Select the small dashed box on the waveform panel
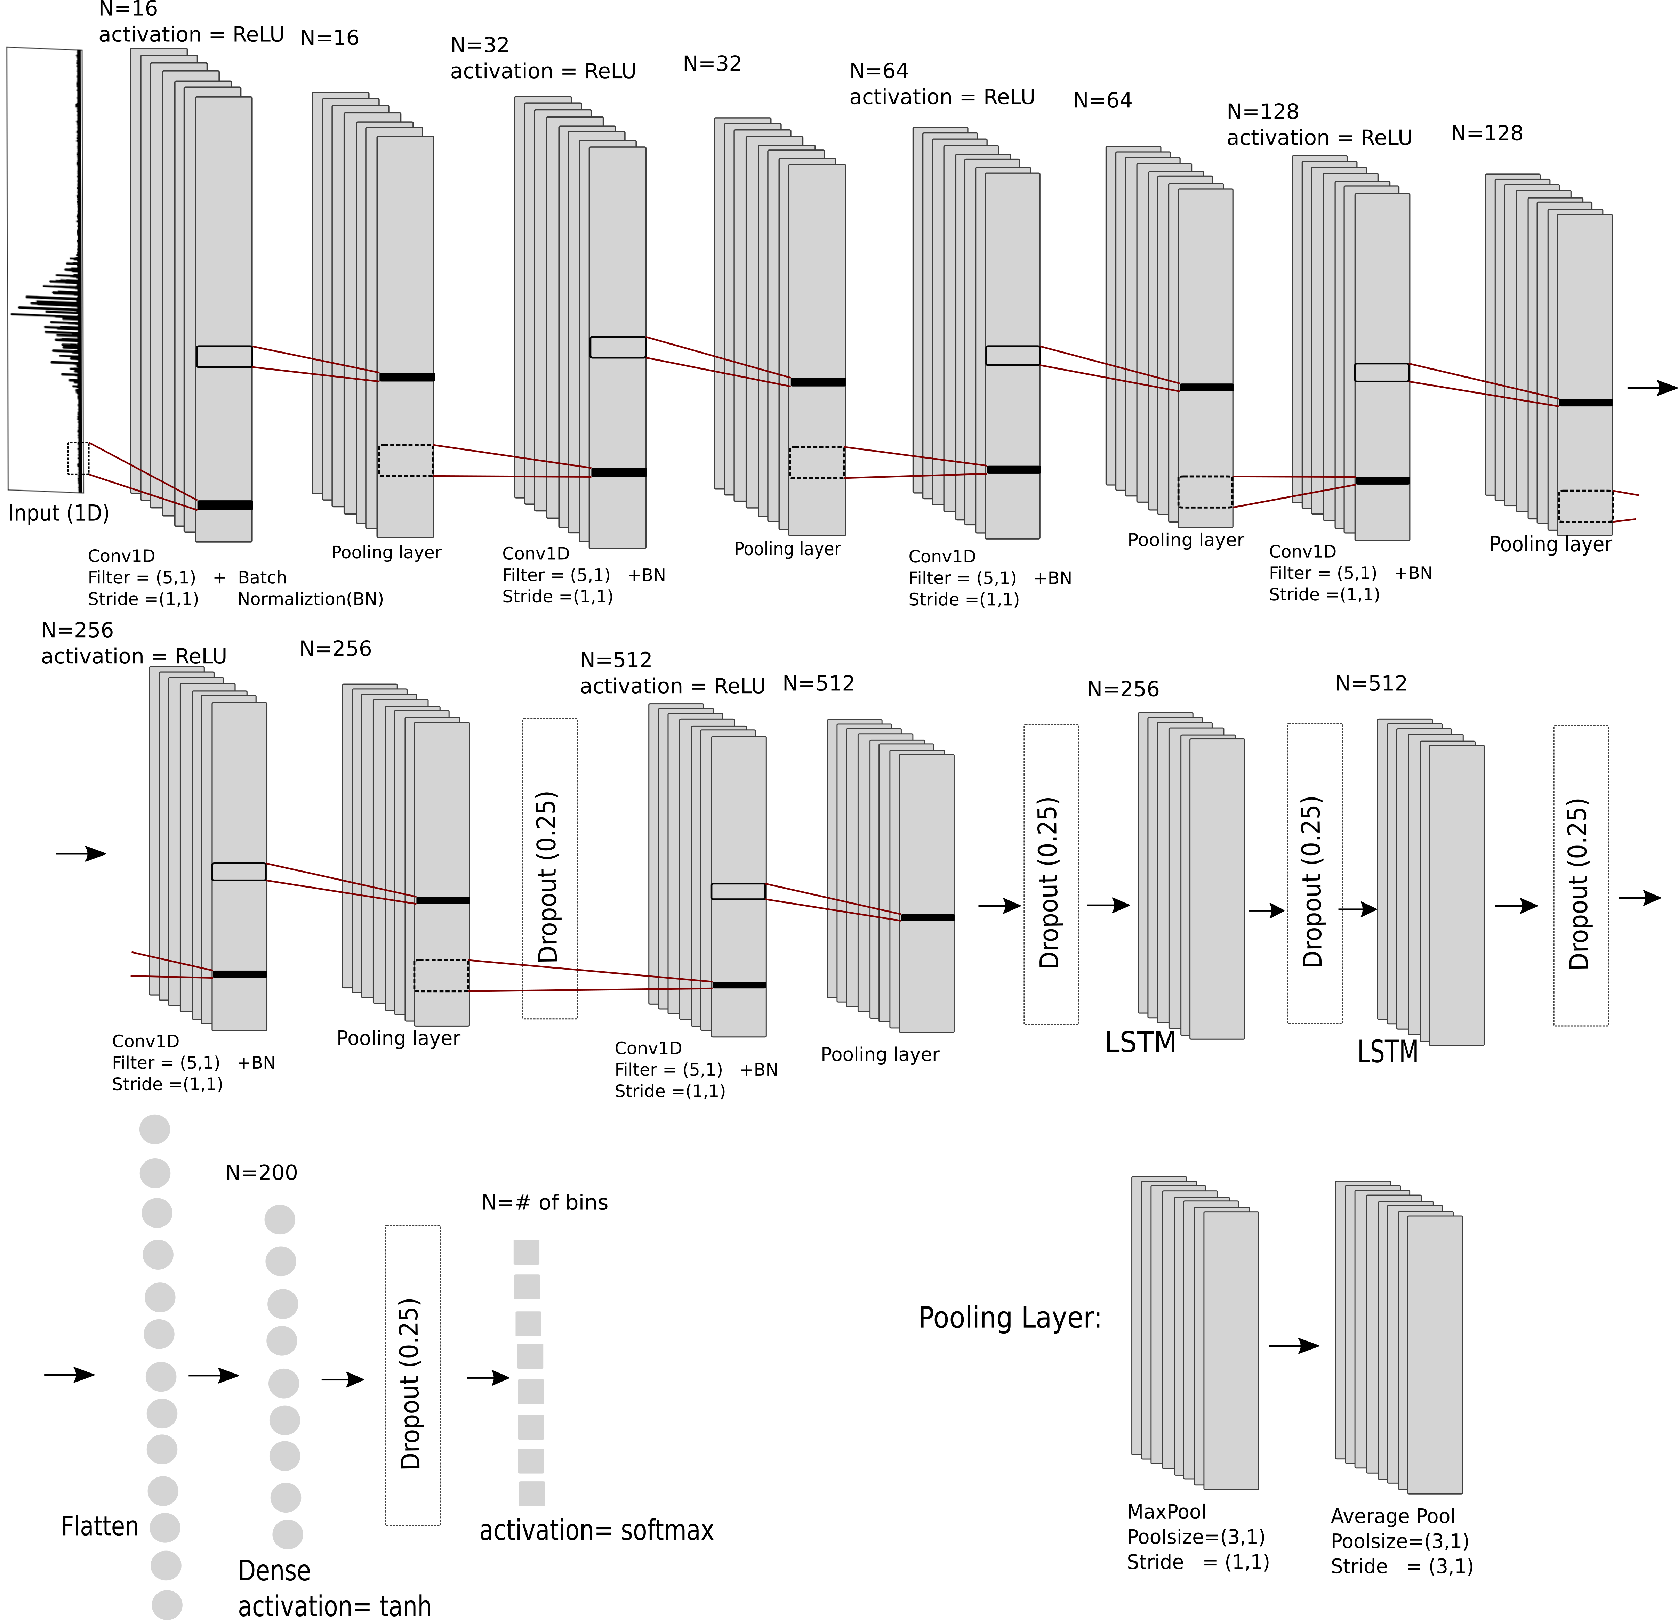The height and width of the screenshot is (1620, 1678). pyautogui.click(x=78, y=459)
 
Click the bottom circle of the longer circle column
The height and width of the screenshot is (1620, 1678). pyautogui.click(x=167, y=1605)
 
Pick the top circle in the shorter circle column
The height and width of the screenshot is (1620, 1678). pyautogui.click(x=280, y=1220)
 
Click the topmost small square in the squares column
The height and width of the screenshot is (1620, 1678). pyautogui.click(x=527, y=1252)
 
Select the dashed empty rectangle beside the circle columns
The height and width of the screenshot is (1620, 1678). pyautogui.click(x=413, y=1375)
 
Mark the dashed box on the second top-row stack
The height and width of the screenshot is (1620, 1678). pyautogui.click(x=406, y=460)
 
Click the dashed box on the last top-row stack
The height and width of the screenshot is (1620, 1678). pyautogui.click(x=1585, y=506)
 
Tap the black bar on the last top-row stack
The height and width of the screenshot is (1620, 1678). pyautogui.click(x=1585, y=402)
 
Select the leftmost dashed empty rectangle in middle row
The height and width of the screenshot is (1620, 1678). pyautogui.click(x=549, y=869)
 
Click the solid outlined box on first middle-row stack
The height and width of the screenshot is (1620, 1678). pyautogui.click(x=239, y=871)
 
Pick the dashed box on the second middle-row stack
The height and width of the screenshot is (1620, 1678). pyautogui.click(x=441, y=975)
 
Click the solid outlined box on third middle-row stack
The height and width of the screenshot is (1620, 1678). pyautogui.click(x=738, y=891)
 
